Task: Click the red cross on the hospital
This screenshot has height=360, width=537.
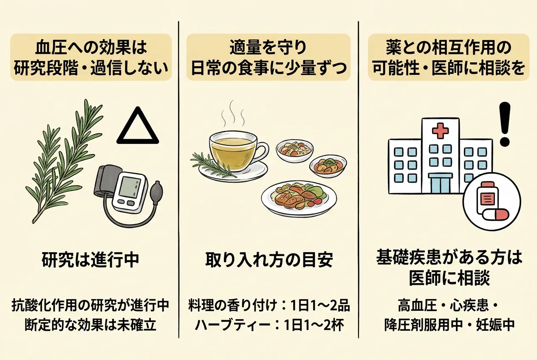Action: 440,131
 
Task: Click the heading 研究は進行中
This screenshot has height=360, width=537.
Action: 90,260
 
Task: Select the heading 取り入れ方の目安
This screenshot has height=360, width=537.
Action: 269,260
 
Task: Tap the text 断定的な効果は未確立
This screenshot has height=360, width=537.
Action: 90,324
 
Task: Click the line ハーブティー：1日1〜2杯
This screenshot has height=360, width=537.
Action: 269,324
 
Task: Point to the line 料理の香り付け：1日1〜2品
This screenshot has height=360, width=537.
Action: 269,306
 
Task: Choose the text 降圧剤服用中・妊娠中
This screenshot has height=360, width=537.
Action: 449,324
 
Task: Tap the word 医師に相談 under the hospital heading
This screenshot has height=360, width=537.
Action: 449,278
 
